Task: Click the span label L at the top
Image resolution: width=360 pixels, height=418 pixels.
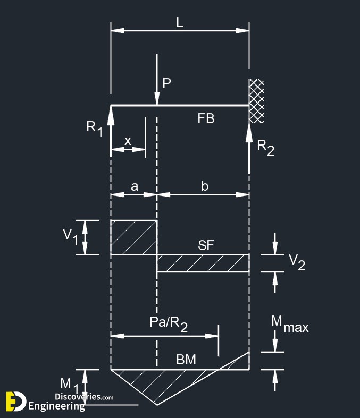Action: click(x=180, y=23)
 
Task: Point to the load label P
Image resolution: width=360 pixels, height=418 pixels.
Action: click(x=166, y=83)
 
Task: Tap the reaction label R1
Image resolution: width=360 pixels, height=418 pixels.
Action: click(x=95, y=129)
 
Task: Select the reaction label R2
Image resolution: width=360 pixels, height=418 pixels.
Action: click(x=265, y=148)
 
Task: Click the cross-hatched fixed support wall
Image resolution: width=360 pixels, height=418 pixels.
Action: click(x=256, y=101)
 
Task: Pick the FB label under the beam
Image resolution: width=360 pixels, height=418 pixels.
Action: click(x=206, y=118)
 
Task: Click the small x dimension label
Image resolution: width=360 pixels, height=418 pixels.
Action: click(x=128, y=141)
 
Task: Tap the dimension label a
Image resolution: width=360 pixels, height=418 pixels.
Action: click(x=135, y=186)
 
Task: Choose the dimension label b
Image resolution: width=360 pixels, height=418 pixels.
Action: click(x=204, y=186)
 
